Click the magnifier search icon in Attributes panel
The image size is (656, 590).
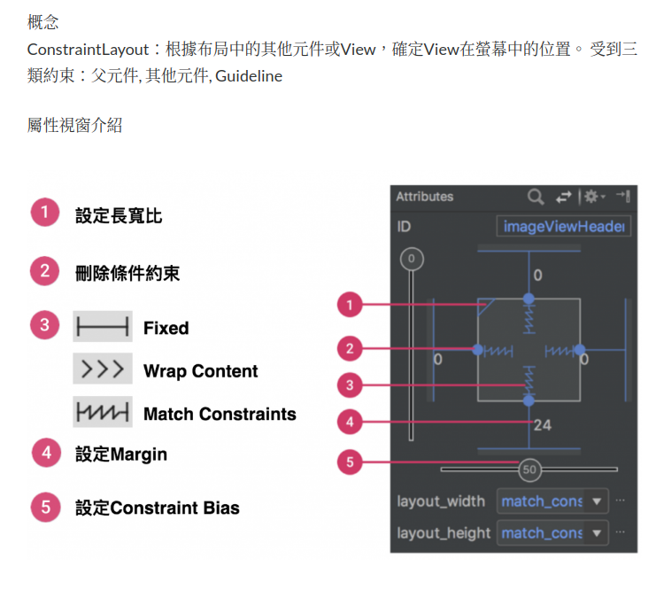535,197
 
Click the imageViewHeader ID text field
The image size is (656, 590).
564,227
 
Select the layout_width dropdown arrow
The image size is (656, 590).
598,501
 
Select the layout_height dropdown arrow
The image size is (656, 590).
598,533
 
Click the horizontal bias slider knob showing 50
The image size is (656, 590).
529,470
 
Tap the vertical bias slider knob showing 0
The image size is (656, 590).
412,260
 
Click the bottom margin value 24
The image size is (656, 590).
542,425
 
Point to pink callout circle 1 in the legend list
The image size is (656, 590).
44,213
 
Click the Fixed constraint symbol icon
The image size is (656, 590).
103,327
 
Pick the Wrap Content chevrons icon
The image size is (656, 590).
103,369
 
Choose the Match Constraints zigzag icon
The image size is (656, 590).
103,413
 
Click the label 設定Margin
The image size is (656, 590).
120,454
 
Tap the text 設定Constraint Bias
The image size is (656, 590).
157,508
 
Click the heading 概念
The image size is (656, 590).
43,20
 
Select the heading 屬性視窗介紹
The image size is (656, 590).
74,125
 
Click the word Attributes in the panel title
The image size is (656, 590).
424,197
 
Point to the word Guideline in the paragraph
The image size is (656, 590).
249,76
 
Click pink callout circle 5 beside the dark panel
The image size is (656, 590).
350,462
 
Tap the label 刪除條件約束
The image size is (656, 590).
127,273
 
